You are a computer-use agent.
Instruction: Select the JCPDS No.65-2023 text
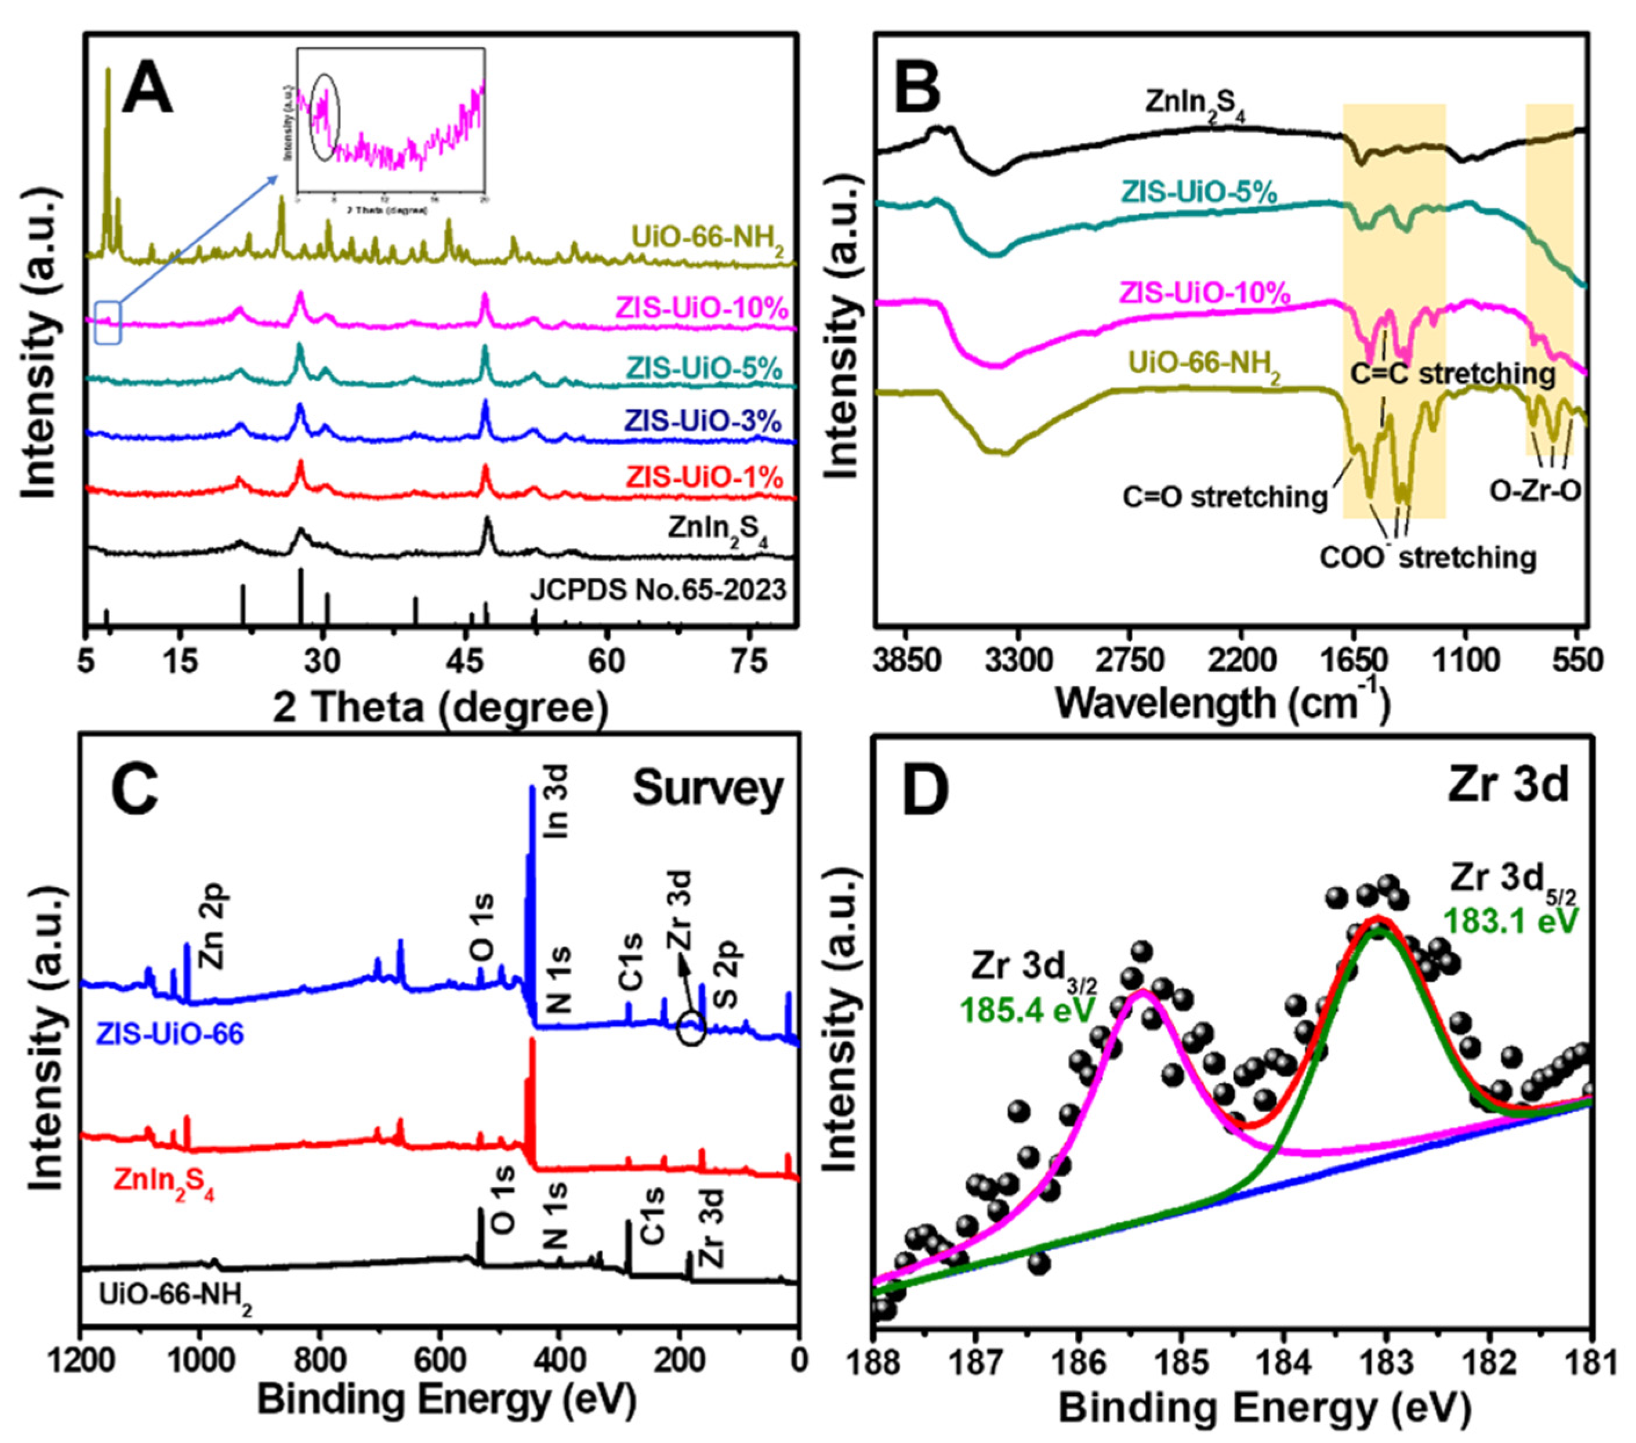pos(658,590)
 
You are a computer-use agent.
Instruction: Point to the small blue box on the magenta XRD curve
pos(108,322)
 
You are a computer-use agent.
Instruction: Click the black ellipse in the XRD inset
pos(325,117)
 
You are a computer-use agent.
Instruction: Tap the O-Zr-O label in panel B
pos(1535,490)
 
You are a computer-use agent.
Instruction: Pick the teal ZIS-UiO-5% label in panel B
pos(1198,192)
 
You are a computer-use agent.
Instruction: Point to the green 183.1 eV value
pos(1510,919)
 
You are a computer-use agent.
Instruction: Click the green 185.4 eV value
pos(1028,1009)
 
